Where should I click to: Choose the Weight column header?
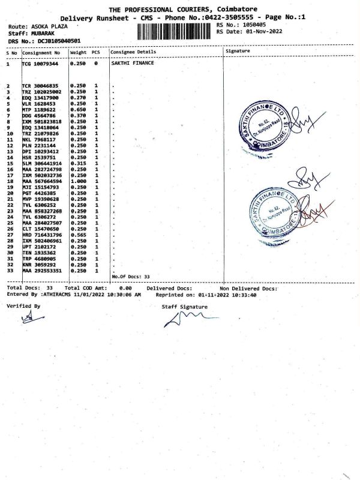79,52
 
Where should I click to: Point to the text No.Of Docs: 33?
131,276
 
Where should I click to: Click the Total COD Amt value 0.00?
125,289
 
